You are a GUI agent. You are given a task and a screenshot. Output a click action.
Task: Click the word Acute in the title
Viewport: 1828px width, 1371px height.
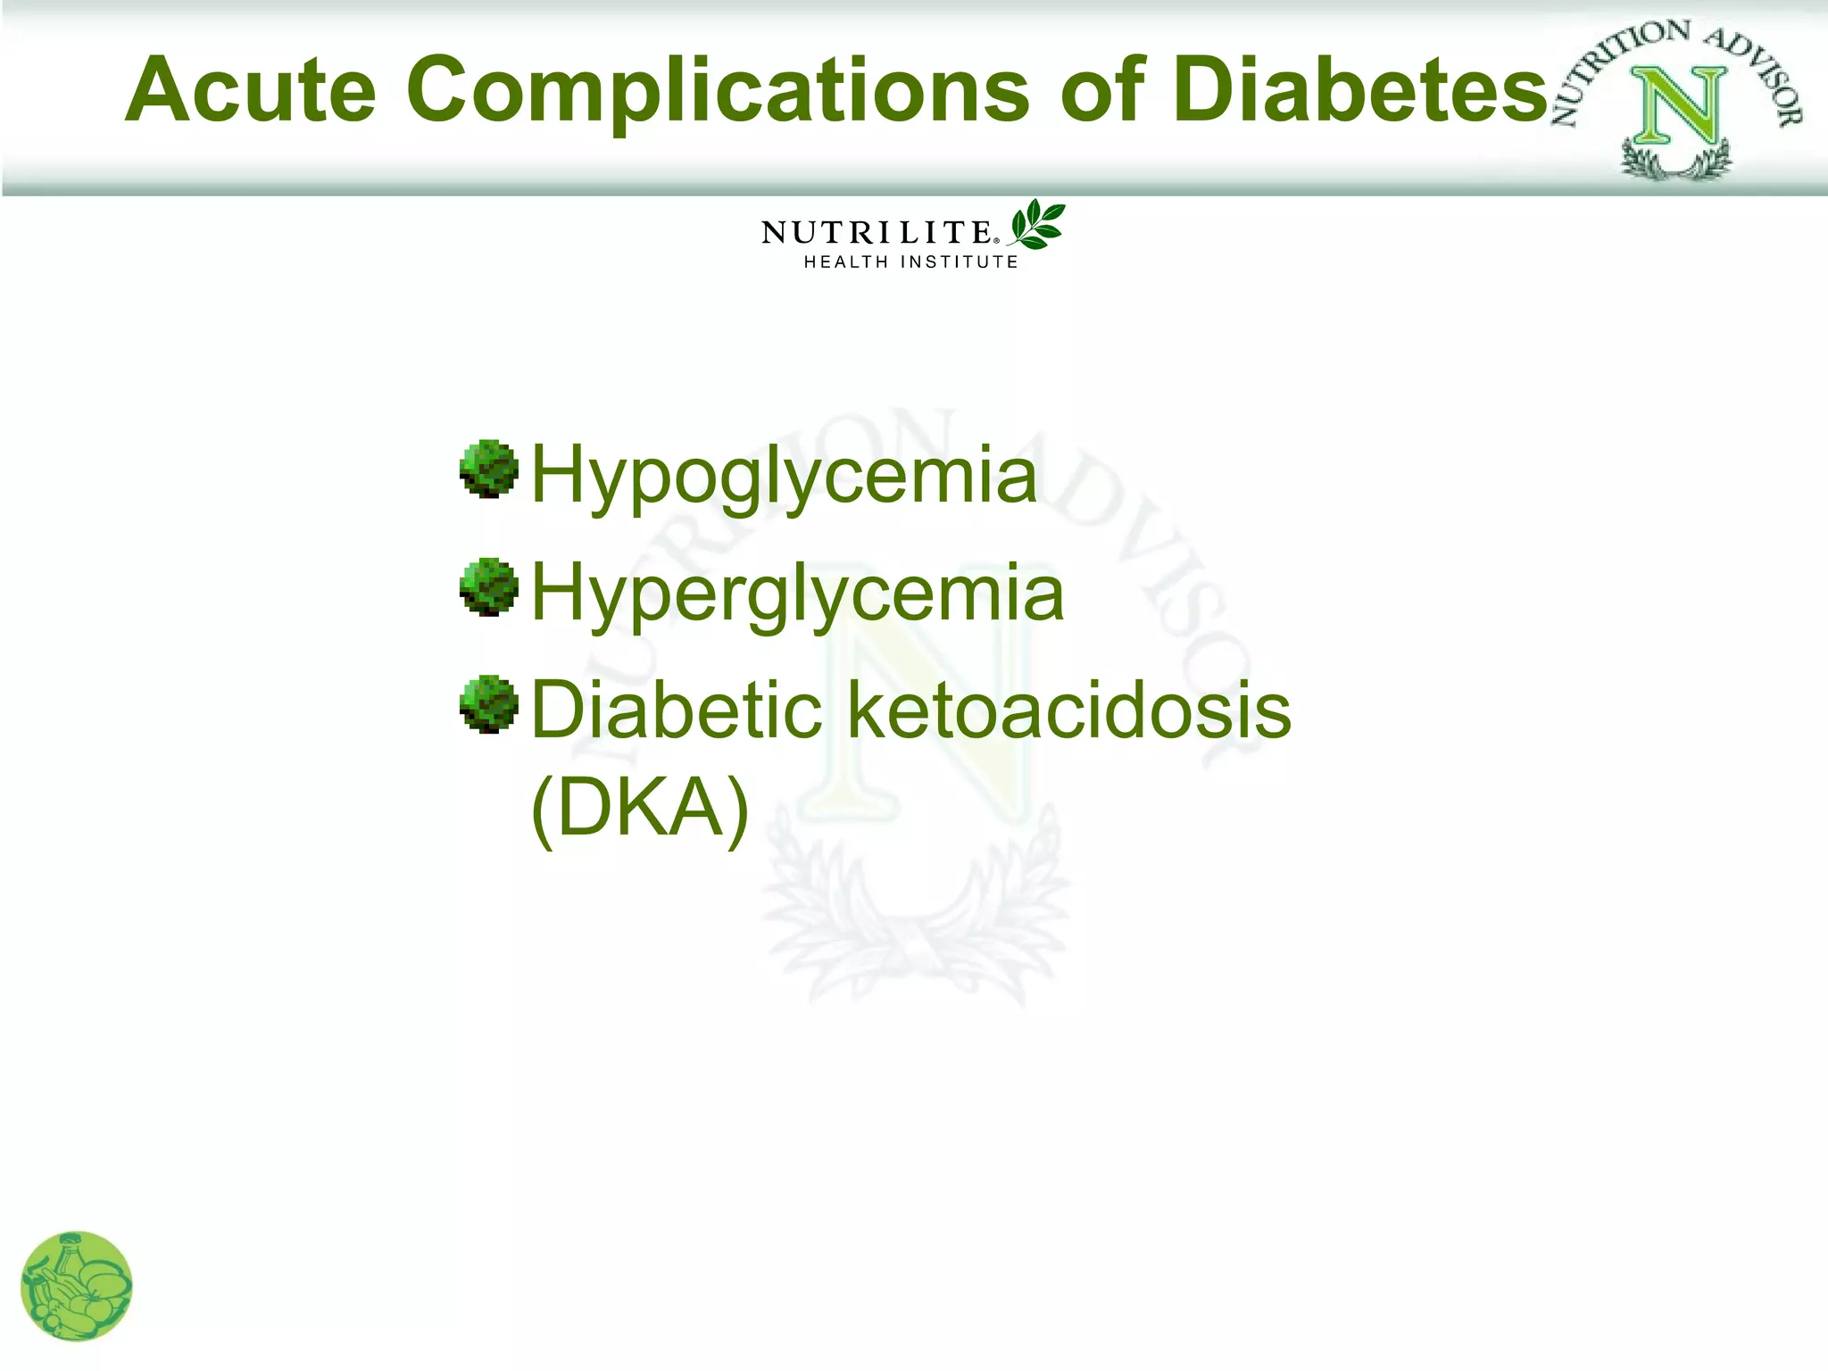[x=251, y=89]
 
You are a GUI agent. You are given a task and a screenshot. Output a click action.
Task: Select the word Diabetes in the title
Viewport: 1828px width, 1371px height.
[x=1359, y=89]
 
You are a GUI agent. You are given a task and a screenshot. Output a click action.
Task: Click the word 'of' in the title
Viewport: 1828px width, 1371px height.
[x=1102, y=89]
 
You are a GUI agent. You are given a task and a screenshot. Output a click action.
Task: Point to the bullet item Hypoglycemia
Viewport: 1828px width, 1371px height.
[x=784, y=475]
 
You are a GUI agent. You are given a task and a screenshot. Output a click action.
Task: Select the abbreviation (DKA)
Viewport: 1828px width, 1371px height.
[x=639, y=808]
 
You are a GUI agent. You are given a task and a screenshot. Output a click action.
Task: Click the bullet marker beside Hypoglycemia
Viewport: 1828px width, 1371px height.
[x=489, y=469]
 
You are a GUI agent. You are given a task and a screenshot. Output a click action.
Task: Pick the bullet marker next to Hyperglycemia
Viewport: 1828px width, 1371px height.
[x=489, y=586]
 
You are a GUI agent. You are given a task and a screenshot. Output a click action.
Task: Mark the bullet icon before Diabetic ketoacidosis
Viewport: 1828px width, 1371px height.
[x=489, y=704]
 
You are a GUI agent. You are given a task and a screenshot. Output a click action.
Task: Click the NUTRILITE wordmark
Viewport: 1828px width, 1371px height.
[x=876, y=233]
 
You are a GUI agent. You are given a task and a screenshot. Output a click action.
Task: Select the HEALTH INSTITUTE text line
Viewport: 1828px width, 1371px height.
[x=910, y=262]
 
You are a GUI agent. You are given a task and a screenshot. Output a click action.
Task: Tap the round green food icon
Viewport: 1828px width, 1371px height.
[x=77, y=1286]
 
